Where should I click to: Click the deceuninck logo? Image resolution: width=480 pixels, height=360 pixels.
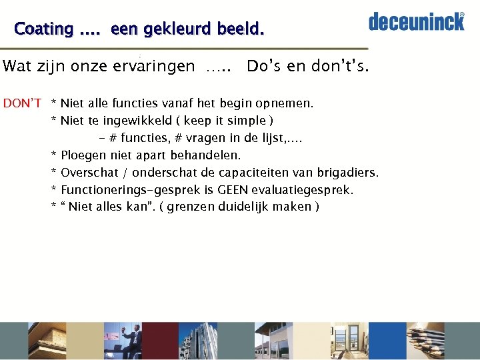tap(416, 21)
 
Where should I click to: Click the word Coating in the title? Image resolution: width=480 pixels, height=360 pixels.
tap(43, 29)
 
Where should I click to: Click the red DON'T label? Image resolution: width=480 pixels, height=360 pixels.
tap(22, 103)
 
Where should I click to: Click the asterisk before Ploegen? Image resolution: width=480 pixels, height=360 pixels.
tap(53, 156)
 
